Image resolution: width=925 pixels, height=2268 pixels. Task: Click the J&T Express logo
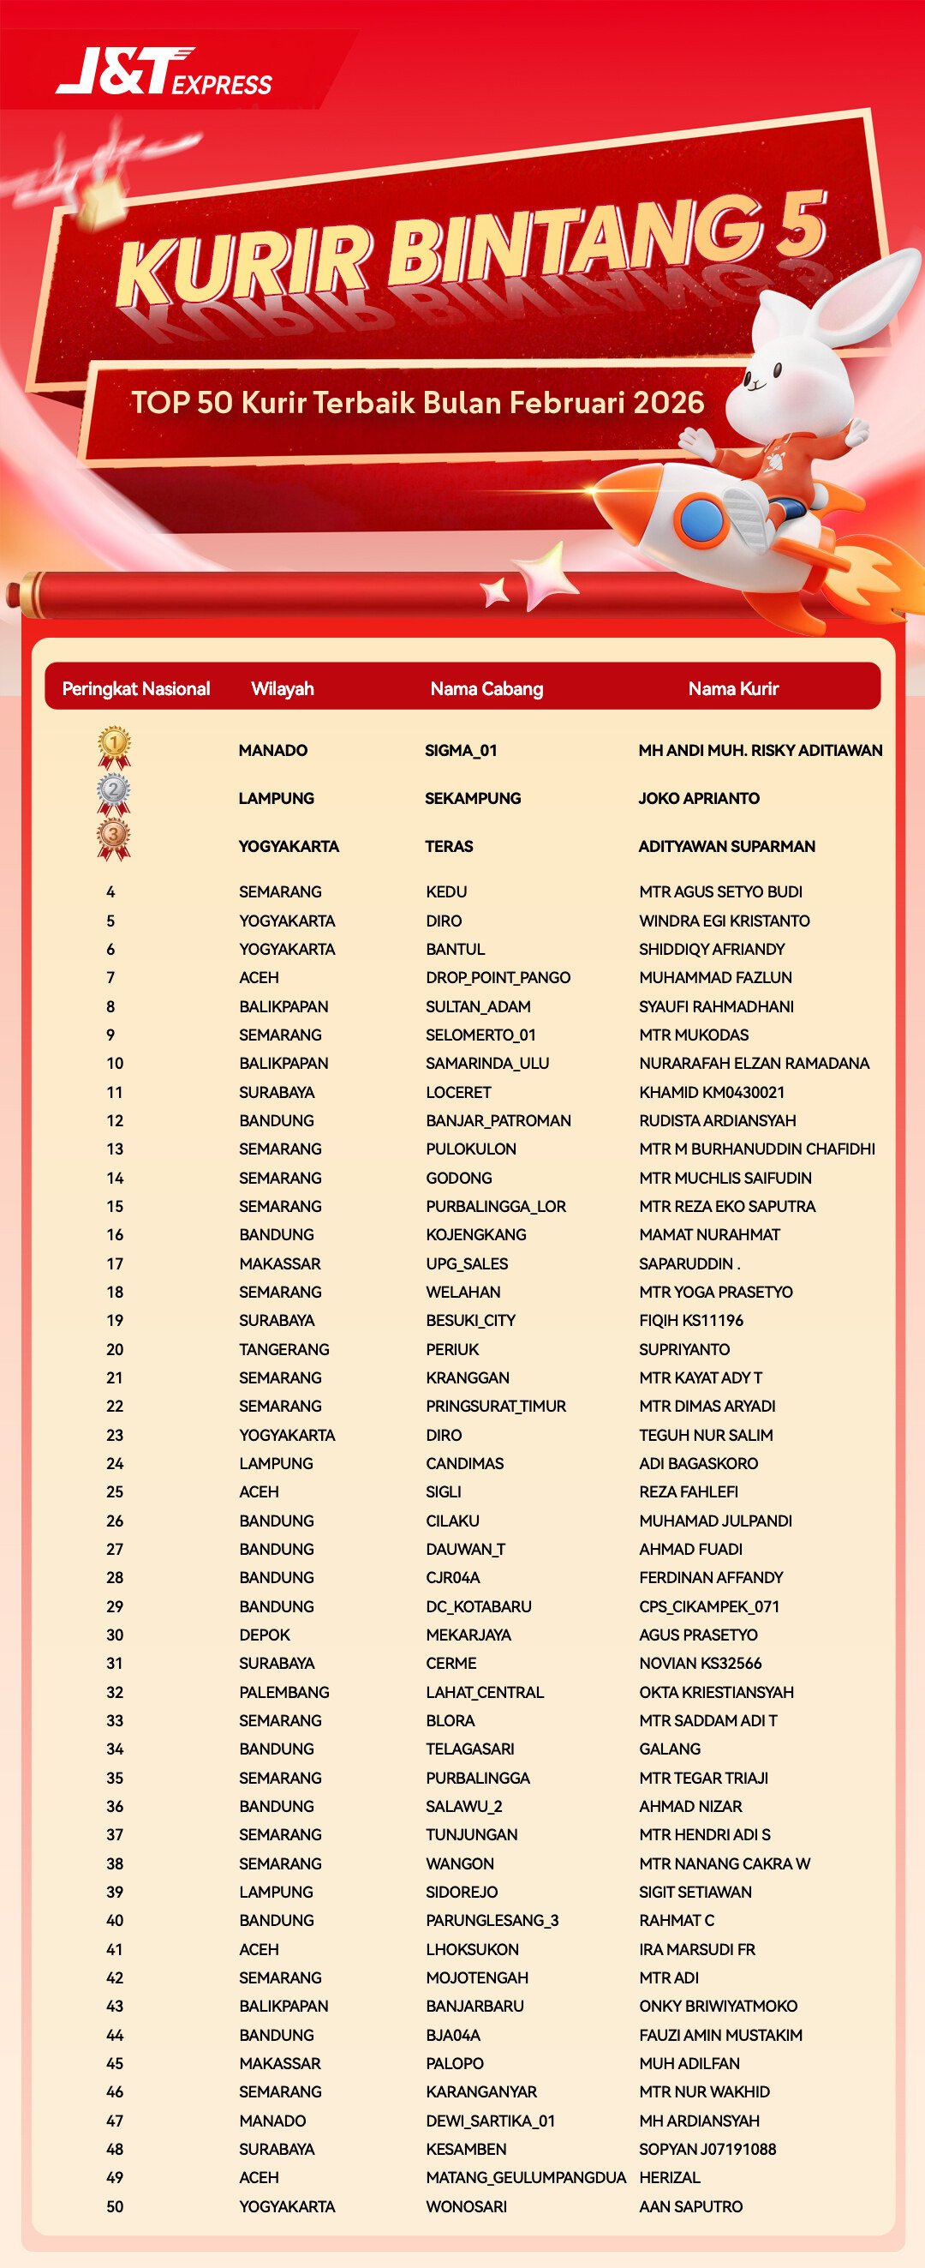[x=164, y=72]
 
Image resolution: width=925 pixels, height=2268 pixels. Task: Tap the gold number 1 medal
[x=114, y=746]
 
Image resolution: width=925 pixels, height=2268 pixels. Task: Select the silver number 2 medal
[x=114, y=792]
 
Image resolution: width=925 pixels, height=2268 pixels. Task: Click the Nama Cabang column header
[x=486, y=688]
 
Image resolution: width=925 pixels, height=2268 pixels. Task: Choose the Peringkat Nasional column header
[x=135, y=688]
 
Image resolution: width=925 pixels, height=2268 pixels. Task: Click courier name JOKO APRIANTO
[x=699, y=799]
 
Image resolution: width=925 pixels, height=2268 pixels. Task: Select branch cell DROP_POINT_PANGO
[x=498, y=977]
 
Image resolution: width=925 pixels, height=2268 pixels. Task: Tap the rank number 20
[x=115, y=1349]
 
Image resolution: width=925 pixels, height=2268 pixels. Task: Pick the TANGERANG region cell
[x=284, y=1349]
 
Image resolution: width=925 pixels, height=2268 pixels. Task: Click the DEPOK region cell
[x=265, y=1635]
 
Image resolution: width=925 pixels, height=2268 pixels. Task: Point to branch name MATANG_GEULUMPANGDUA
[x=525, y=2177]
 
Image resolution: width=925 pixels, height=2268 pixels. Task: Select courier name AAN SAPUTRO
[x=691, y=2206]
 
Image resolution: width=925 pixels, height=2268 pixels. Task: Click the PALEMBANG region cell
[x=284, y=1692]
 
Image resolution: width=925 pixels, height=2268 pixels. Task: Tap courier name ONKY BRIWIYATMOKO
[x=719, y=2006]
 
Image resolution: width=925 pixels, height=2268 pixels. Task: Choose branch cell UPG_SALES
[x=468, y=1263]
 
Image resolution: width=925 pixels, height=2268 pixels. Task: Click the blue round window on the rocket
[x=701, y=518]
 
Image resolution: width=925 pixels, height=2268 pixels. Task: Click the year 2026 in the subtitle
[x=668, y=402]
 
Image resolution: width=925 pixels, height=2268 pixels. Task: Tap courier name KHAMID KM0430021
[x=712, y=1092]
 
